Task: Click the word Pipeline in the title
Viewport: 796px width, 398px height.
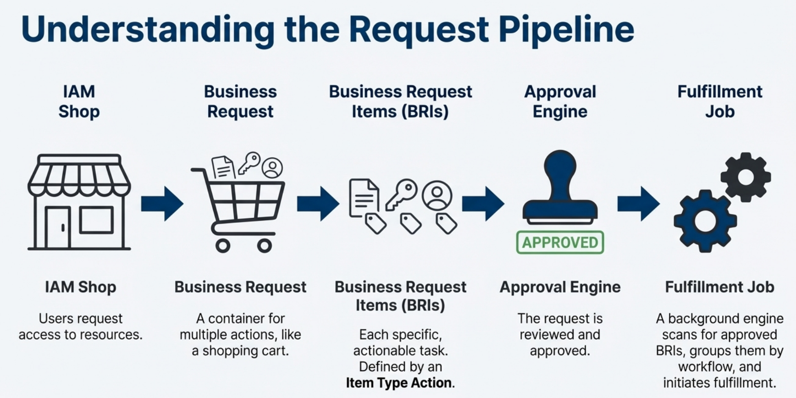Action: [566, 29]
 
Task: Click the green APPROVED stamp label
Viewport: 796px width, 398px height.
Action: [560, 242]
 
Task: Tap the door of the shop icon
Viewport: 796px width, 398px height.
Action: [58, 227]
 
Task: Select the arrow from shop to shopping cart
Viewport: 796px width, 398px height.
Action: [162, 204]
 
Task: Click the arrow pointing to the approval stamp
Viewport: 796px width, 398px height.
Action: [483, 204]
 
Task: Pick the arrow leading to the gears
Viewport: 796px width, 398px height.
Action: [638, 204]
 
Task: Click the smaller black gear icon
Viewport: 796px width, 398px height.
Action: [745, 177]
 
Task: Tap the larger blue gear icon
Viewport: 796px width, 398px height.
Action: [705, 221]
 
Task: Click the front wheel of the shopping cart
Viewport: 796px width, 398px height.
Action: [264, 246]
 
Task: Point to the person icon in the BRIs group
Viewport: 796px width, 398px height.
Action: [437, 195]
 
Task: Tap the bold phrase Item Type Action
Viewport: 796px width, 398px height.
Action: [398, 383]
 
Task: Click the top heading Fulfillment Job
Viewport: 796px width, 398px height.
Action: [719, 101]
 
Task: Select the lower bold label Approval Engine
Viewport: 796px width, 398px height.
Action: [560, 287]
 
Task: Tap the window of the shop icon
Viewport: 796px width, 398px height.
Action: [96, 220]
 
